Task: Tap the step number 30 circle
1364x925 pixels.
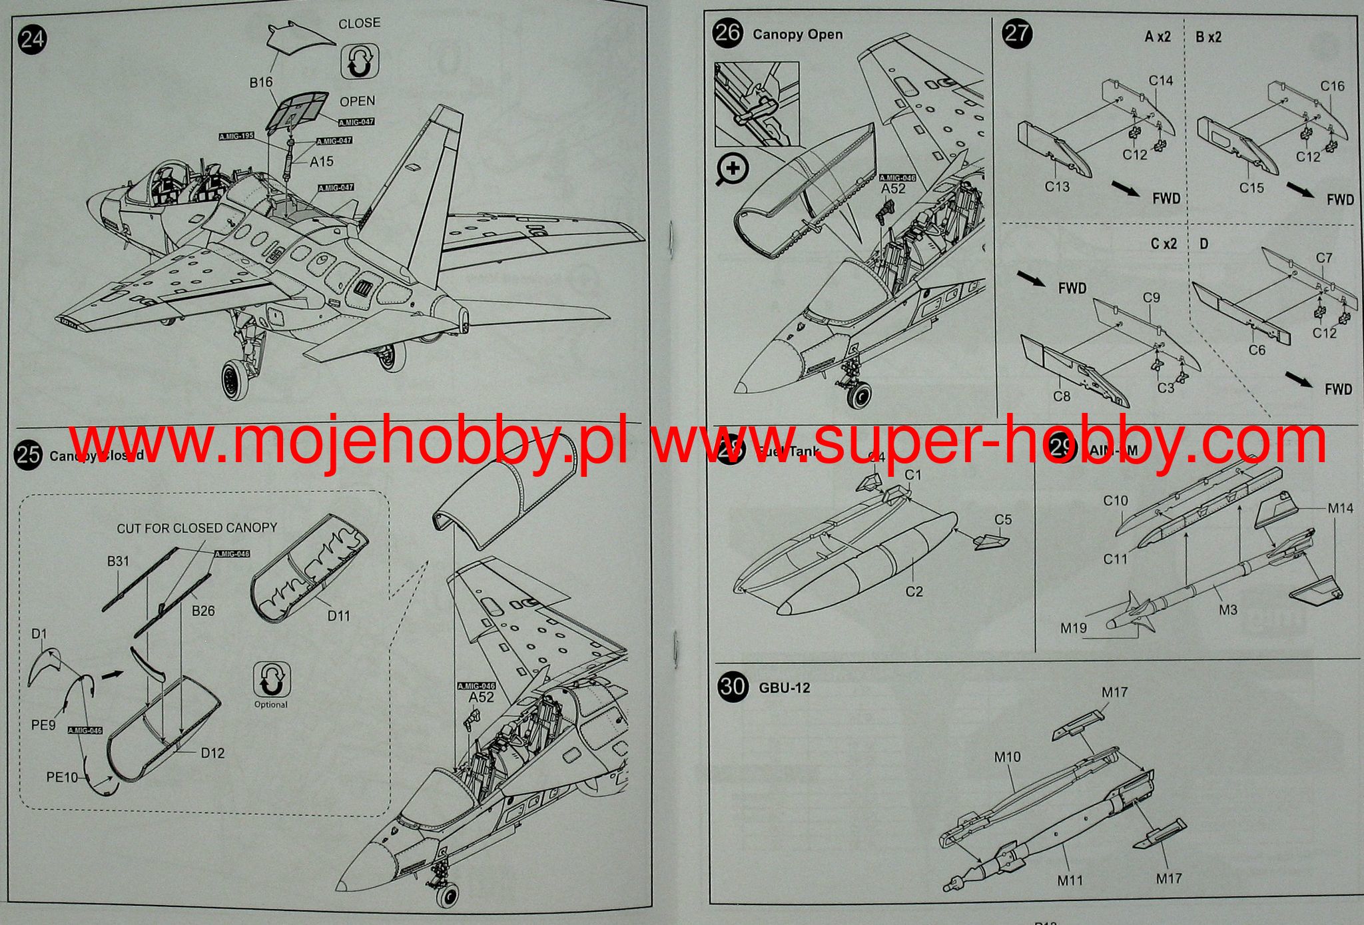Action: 733,686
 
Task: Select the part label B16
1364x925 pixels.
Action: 261,82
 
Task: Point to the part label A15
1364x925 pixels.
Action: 322,161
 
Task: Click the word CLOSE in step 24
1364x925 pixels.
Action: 360,23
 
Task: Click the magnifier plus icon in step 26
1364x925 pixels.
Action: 732,170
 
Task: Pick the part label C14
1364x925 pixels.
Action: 1161,81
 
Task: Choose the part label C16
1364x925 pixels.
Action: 1332,86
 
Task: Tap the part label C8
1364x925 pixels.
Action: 1062,396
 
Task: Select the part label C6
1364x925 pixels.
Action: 1257,350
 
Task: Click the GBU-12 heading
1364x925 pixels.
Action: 785,687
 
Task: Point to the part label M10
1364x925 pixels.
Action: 1007,757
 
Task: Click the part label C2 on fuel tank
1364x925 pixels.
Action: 914,591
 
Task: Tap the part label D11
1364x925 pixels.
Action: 338,615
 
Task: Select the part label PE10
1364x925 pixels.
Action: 62,776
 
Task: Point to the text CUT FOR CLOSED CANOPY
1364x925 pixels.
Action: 197,528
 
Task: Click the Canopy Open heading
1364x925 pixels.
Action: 797,35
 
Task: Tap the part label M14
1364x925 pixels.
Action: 1340,508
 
